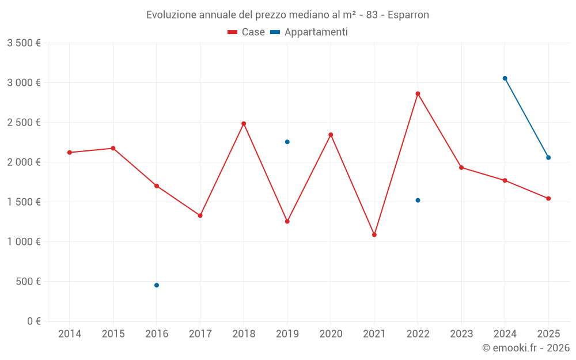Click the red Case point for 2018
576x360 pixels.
[244, 124]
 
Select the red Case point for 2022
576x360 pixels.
[418, 93]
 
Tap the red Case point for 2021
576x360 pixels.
[374, 235]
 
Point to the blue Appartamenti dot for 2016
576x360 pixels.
[157, 285]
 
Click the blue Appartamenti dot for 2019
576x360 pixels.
[287, 142]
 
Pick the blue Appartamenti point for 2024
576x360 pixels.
[505, 78]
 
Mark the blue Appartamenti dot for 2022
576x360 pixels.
[418, 200]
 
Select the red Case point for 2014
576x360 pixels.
[70, 153]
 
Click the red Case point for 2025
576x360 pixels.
[548, 199]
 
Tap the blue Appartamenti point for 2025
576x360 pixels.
[548, 158]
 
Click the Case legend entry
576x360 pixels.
[247, 32]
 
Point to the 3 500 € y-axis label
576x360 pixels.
[24, 43]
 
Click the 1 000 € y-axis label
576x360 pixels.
[24, 242]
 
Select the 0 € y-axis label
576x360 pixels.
[32, 321]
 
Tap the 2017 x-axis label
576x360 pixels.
[200, 334]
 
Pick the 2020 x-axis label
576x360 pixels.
[331, 334]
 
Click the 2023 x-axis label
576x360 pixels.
[461, 334]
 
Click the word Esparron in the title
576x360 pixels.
[408, 15]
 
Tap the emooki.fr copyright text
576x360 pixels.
[526, 348]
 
